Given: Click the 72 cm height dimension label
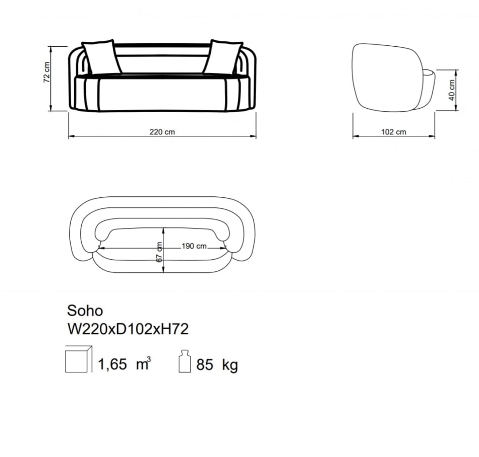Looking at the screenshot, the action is click(46, 72).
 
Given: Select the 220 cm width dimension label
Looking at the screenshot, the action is click(162, 132).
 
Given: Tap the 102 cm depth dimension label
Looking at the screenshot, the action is click(394, 132).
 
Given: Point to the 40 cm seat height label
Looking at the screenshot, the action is click(452, 90).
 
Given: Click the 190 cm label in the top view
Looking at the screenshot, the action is click(194, 246).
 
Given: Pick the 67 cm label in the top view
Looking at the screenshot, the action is click(159, 252).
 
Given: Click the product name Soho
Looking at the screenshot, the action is click(85, 311).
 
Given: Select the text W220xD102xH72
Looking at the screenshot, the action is click(128, 329).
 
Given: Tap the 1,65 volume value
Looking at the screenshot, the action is click(112, 364).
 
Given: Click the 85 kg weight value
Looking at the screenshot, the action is click(217, 364).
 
